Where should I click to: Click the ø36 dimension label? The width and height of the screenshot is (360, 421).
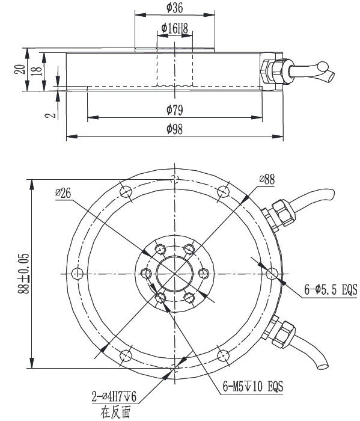coord(174,8)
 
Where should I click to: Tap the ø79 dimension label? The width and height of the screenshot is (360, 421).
coord(174,109)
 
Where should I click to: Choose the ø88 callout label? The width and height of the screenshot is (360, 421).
coord(267,179)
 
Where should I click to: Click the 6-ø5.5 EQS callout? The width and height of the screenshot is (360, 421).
coord(330,290)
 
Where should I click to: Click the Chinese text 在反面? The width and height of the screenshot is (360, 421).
coord(115,412)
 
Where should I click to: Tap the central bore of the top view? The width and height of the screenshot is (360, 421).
coord(174,274)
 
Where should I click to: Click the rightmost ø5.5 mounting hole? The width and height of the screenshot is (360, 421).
coord(272,274)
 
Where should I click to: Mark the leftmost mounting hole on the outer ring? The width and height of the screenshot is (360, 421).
coord(76,274)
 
